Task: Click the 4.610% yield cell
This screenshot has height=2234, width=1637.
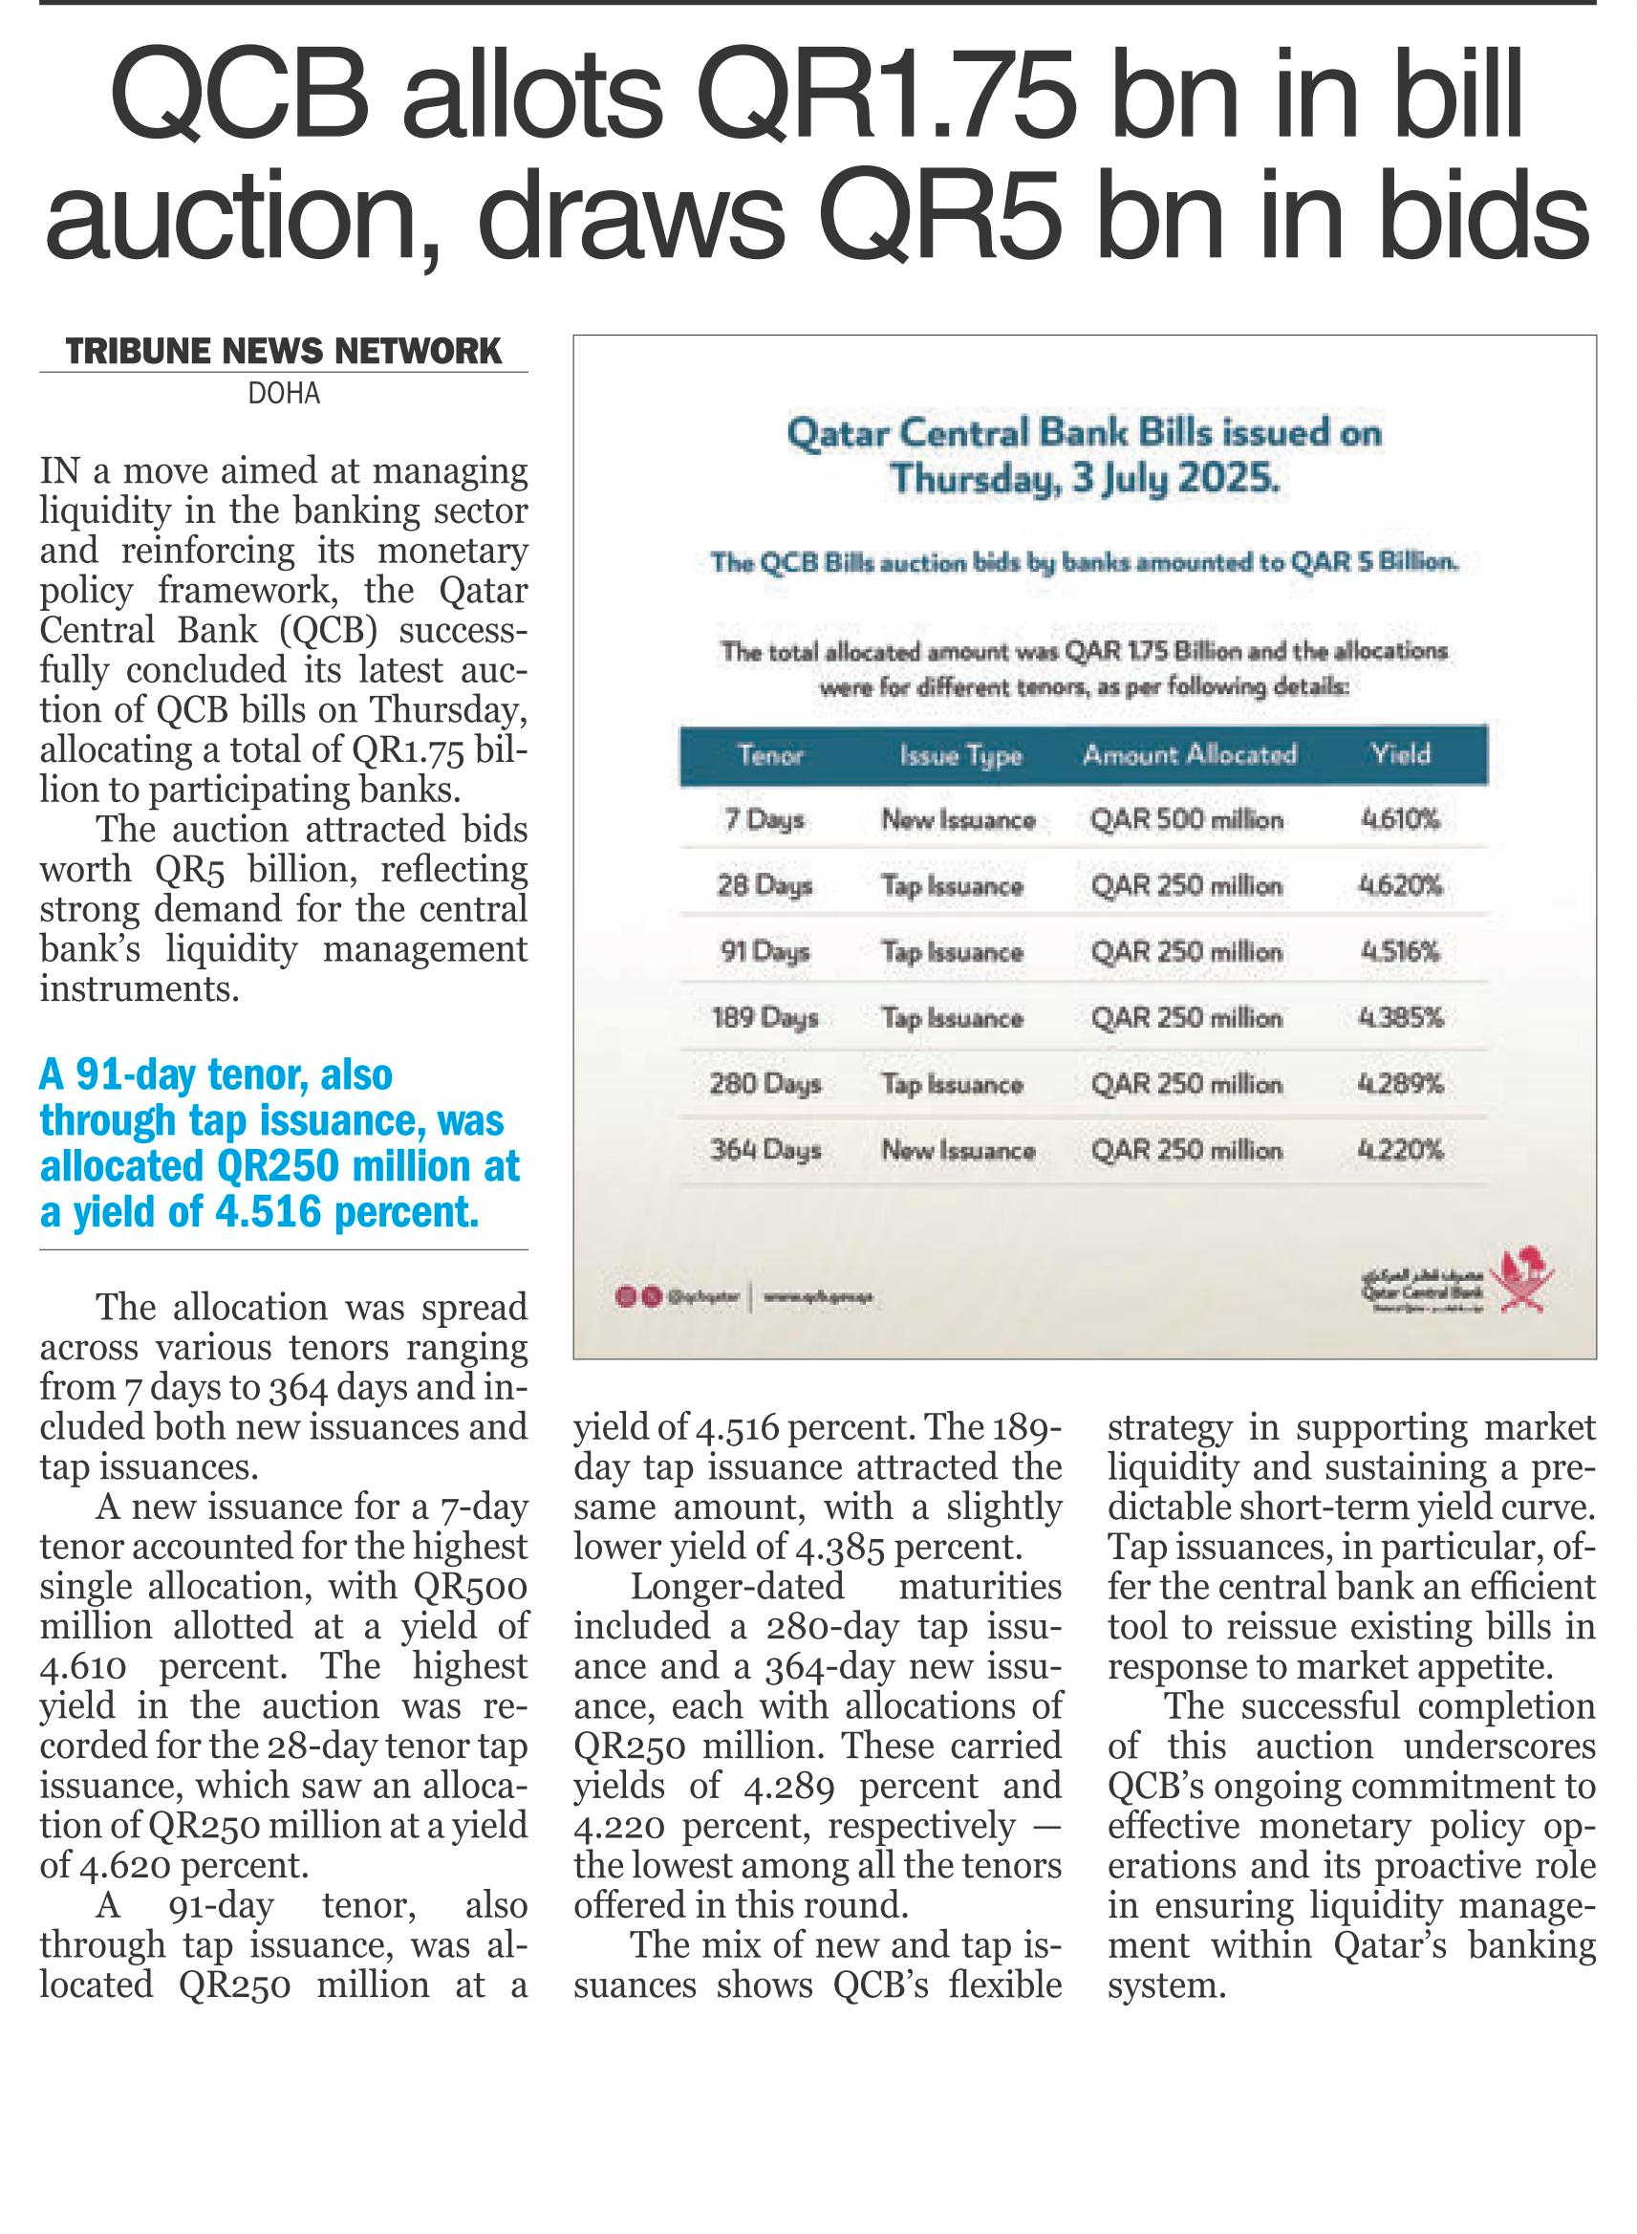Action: click(x=1400, y=819)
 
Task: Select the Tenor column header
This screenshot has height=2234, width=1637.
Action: click(x=770, y=755)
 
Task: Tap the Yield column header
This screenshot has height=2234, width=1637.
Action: click(x=1400, y=754)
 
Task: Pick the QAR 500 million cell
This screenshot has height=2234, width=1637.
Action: click(x=1186, y=819)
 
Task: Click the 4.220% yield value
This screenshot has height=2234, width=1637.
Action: click(x=1400, y=1150)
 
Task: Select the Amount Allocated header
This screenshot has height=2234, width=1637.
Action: click(x=1189, y=755)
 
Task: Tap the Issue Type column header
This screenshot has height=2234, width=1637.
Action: click(x=960, y=756)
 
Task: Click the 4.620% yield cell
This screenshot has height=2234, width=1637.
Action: click(x=1400, y=885)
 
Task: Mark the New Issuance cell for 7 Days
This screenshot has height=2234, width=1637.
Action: click(x=959, y=819)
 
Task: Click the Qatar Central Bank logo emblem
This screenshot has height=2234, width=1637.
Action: click(x=1526, y=1280)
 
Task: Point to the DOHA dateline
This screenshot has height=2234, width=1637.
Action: click(x=284, y=395)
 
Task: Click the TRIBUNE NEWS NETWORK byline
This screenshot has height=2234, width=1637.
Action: click(x=284, y=352)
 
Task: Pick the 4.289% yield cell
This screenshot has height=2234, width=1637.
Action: click(x=1400, y=1083)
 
